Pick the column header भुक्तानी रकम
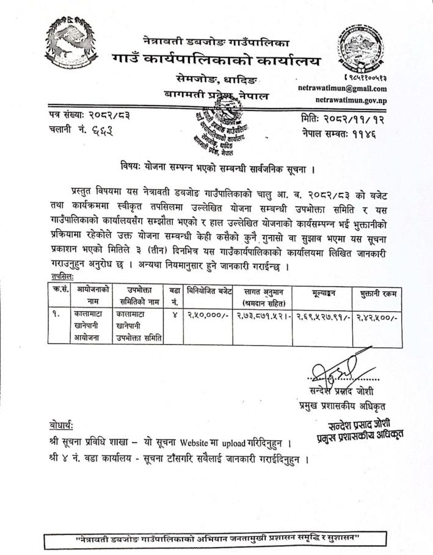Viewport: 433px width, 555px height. click(x=379, y=293)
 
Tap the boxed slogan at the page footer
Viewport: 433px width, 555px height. click(x=217, y=539)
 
